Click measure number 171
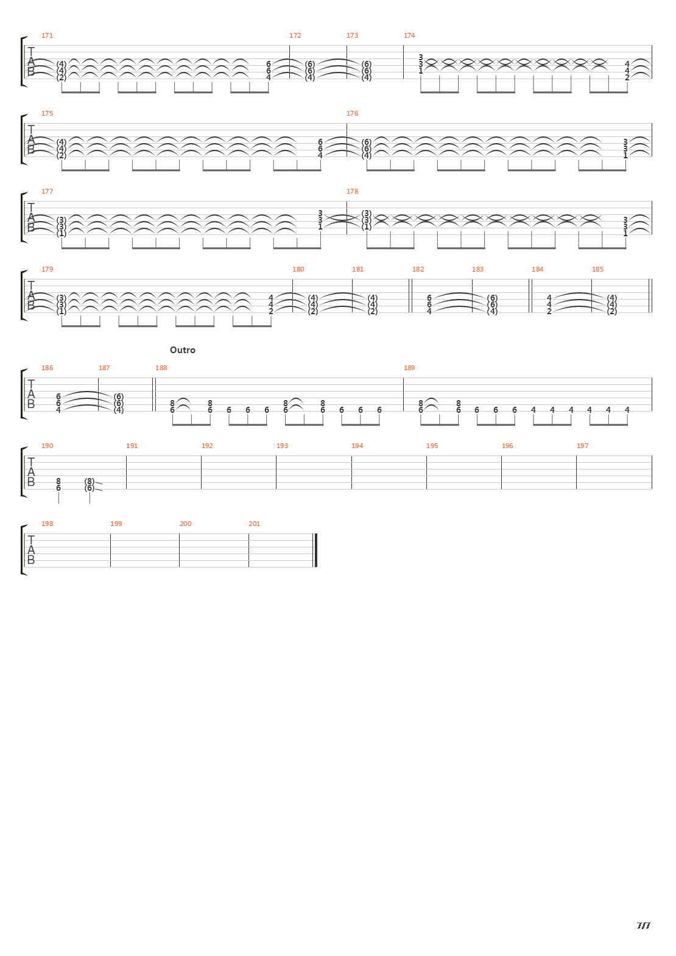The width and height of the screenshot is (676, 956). pos(47,35)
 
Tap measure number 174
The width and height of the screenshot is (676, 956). pos(409,35)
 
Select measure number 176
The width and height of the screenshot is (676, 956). pos(352,113)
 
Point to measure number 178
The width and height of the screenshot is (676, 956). pos(352,191)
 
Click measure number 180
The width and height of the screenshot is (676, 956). pos(298,269)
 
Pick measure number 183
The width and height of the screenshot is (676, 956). pos(477,269)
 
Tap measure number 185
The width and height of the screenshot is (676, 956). pos(597,269)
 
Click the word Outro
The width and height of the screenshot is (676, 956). pos(183,350)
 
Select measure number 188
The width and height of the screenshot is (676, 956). pos(161,368)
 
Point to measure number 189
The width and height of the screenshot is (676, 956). pos(409,368)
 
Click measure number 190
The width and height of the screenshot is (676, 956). pos(47,446)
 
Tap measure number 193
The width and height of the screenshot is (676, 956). pos(282,446)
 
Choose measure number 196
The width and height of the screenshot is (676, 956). pos(507,446)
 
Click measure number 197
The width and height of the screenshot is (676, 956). pos(582,446)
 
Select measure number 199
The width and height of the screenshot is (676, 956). pos(116,524)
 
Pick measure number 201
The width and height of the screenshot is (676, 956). pos(254,524)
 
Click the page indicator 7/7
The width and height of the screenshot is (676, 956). pos(643,926)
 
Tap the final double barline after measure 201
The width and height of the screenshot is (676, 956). pos(315,550)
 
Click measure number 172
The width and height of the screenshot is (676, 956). pos(295,35)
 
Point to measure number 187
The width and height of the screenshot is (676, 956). pos(104,368)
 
